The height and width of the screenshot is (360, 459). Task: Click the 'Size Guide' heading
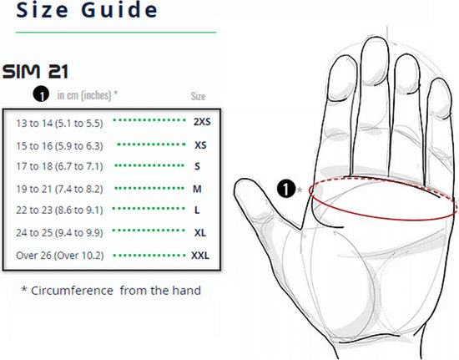[87, 10]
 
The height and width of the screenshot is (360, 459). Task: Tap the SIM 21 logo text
[35, 72]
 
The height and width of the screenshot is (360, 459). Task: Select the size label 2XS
[202, 122]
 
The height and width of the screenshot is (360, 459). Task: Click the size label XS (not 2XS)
[200, 145]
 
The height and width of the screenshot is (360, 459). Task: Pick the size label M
[197, 189]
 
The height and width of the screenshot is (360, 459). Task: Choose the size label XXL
[200, 256]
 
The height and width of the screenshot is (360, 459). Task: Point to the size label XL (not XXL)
[200, 233]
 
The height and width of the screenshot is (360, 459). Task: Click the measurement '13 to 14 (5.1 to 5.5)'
[59, 124]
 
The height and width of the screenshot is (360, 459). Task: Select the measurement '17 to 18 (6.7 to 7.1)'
[59, 166]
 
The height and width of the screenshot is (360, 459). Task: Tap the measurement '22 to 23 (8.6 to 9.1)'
[59, 210]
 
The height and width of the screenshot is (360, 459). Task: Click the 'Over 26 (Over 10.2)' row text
[60, 256]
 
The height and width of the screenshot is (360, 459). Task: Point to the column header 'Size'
[198, 96]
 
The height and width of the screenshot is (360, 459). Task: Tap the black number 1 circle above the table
[41, 94]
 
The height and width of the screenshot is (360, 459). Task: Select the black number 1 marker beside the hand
[286, 188]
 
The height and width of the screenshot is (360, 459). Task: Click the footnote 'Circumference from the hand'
[111, 291]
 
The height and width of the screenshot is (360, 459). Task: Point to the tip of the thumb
[239, 182]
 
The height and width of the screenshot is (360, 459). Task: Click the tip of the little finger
[440, 79]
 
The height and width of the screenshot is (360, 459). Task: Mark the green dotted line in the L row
[149, 209]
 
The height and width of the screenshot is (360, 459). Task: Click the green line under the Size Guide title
[116, 33]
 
